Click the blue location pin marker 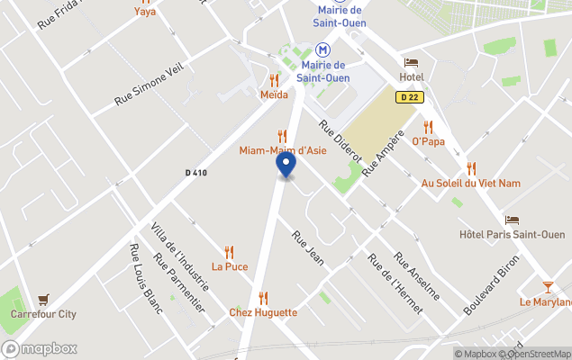coord(286,165)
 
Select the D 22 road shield coord(410,97)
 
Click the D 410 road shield coord(196,173)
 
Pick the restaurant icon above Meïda coord(274,80)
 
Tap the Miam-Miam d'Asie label coord(282,150)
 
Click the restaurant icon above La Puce coord(229,252)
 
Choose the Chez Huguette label coord(263,312)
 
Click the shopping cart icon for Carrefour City coord(42,300)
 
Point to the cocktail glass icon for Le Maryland coord(549,287)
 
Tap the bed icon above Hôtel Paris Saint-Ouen coord(512,220)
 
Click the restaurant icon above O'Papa coord(428,127)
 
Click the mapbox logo coord(40,348)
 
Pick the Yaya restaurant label coord(144,12)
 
